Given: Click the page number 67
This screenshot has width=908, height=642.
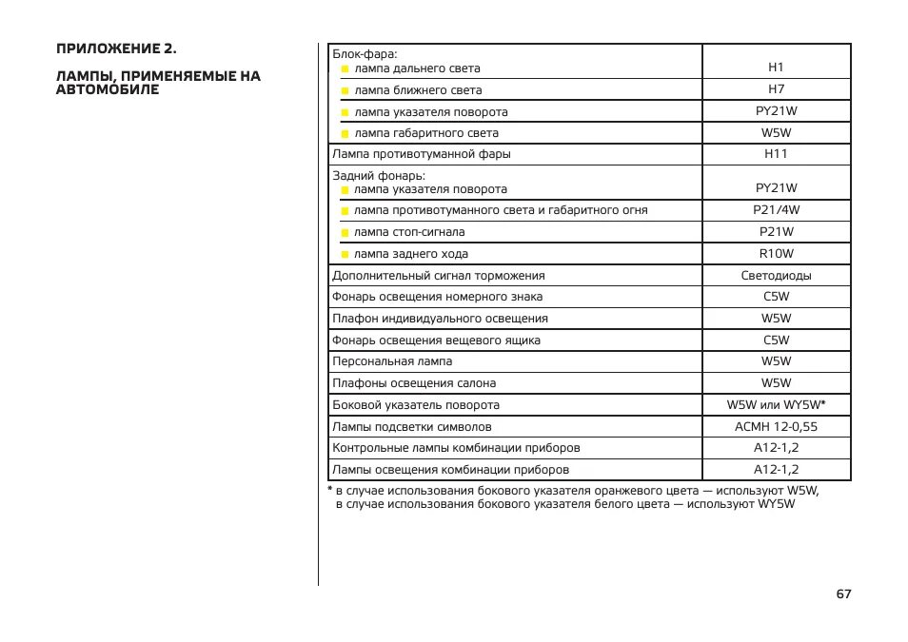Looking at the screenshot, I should (843, 593).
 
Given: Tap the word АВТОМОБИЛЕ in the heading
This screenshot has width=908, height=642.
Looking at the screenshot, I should (108, 90).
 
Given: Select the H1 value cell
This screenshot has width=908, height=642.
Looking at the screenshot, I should (776, 68).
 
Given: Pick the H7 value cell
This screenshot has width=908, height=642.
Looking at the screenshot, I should (776, 89).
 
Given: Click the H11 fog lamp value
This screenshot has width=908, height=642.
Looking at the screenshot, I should (776, 153).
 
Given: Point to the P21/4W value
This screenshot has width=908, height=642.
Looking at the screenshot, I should (776, 210).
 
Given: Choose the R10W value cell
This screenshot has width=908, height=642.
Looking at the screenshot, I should (776, 254).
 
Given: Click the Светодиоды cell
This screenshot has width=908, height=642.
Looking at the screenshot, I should (776, 276).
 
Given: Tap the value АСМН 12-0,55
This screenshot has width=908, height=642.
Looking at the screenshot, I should (776, 427).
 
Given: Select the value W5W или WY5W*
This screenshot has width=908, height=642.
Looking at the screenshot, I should (776, 405).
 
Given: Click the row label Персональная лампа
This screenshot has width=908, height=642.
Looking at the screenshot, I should (392, 361).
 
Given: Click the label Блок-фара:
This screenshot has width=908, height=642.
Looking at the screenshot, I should (365, 54).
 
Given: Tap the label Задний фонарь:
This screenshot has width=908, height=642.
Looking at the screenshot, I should (378, 175).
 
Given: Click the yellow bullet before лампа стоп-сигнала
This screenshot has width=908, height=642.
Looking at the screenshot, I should (345, 232).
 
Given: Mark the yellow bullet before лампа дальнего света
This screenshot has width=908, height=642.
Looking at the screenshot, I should (345, 68).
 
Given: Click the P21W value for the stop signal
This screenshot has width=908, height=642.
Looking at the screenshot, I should (776, 232).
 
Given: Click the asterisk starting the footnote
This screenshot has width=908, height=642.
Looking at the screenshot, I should (329, 490).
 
